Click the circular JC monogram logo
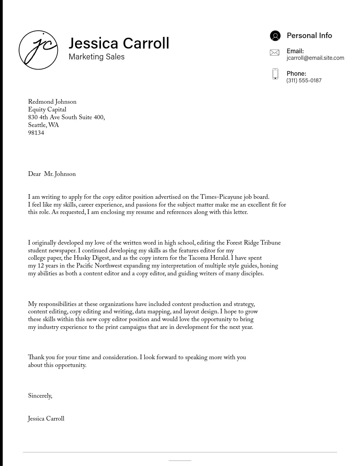[x=38, y=50]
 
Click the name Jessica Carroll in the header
[x=119, y=43]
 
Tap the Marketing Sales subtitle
[x=96, y=57]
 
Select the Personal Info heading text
[x=309, y=36]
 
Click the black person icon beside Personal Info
[x=275, y=36]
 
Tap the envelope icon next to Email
[x=275, y=52]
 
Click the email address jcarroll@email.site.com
[x=315, y=58]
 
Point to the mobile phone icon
[x=275, y=74]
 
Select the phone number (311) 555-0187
[x=304, y=80]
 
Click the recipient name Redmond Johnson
[x=52, y=102]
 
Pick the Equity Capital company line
[x=47, y=110]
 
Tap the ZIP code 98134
[x=36, y=133]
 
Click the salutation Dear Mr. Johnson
[x=52, y=174]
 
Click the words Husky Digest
[x=91, y=258]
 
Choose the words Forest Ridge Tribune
[x=253, y=243]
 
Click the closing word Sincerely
[x=40, y=396]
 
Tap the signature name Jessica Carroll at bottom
[x=46, y=419]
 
